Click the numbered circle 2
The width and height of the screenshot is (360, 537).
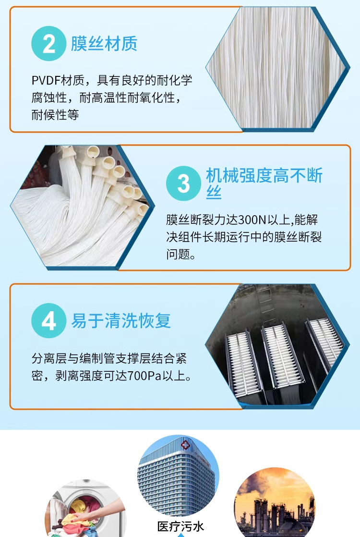point(48,44)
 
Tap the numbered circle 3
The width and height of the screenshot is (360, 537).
point(183,183)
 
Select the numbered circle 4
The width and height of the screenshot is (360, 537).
point(48,320)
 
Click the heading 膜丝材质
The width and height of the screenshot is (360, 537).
point(104,44)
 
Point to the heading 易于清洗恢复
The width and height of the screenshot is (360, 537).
point(121,320)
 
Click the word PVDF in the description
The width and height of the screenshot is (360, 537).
point(46,81)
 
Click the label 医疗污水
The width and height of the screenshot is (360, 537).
point(180,526)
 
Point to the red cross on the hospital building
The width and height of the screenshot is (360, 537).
point(185,444)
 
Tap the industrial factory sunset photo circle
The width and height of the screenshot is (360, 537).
point(275,503)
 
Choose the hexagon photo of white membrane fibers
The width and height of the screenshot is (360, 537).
point(277,68)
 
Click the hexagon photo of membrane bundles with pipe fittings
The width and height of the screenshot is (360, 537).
point(83,207)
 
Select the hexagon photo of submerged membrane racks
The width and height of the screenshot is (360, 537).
point(277,345)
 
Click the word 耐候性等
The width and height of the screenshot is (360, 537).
point(55,115)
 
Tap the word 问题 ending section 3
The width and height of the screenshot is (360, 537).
point(178,254)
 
